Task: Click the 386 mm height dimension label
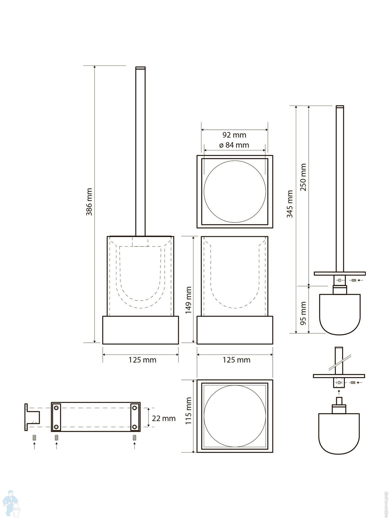(89, 202)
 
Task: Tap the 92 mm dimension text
(234, 135)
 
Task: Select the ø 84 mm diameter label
(234, 145)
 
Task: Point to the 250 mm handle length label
(303, 177)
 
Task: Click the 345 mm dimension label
(290, 204)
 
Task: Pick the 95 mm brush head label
(303, 313)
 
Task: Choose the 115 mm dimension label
(188, 411)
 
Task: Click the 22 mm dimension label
(164, 418)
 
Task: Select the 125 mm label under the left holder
(142, 360)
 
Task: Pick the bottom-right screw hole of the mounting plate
(134, 427)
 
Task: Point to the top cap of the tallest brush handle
(140, 68)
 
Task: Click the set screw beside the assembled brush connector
(353, 280)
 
